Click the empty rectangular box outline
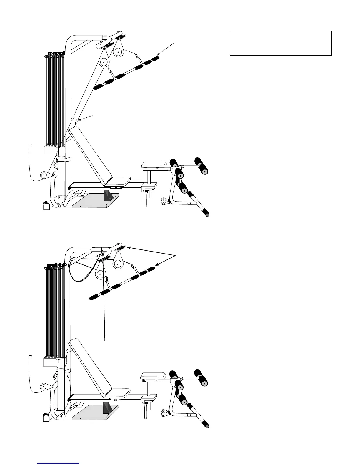coord(280,43)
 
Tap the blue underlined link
coord(59,463)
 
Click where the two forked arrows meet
coord(176,255)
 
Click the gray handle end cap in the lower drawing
coord(207,426)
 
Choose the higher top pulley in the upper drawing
coord(118,52)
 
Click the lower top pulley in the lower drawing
coord(100,275)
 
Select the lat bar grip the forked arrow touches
coord(151,269)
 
